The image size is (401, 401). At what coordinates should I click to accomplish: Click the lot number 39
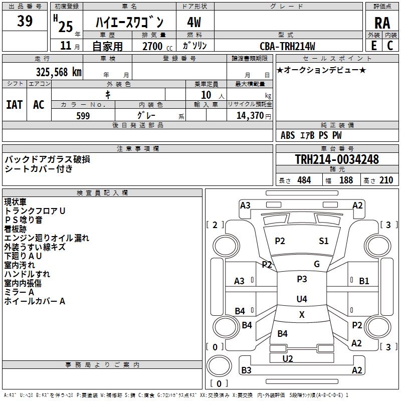(25, 21)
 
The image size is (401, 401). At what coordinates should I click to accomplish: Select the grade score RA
(382, 23)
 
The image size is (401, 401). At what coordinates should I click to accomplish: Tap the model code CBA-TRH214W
(287, 46)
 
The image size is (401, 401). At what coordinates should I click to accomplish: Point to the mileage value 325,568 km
(59, 72)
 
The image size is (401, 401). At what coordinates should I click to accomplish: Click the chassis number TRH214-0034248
(336, 159)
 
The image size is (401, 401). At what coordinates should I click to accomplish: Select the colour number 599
(83, 116)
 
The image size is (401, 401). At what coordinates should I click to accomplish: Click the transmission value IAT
(14, 104)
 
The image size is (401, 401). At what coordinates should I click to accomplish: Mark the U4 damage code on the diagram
(301, 299)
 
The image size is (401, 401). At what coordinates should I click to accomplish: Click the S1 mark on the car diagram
(324, 241)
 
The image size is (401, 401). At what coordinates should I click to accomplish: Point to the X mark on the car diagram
(302, 315)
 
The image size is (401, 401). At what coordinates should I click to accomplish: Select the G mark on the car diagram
(317, 264)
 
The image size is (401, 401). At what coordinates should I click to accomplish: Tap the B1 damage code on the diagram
(364, 281)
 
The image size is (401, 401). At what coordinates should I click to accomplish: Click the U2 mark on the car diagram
(288, 358)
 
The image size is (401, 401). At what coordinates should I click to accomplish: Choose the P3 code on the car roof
(302, 279)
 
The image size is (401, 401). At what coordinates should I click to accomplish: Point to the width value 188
(346, 180)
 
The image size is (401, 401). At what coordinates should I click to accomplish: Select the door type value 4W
(194, 23)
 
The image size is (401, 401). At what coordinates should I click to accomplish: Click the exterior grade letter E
(373, 45)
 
